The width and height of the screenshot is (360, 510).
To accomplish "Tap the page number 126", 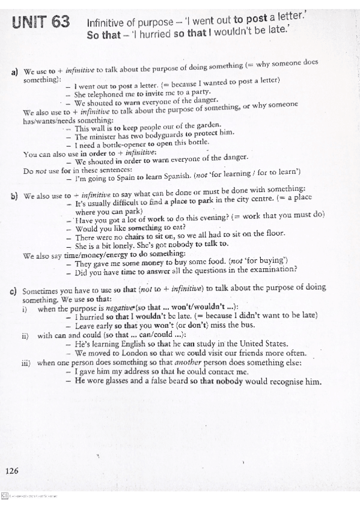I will (12, 471).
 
